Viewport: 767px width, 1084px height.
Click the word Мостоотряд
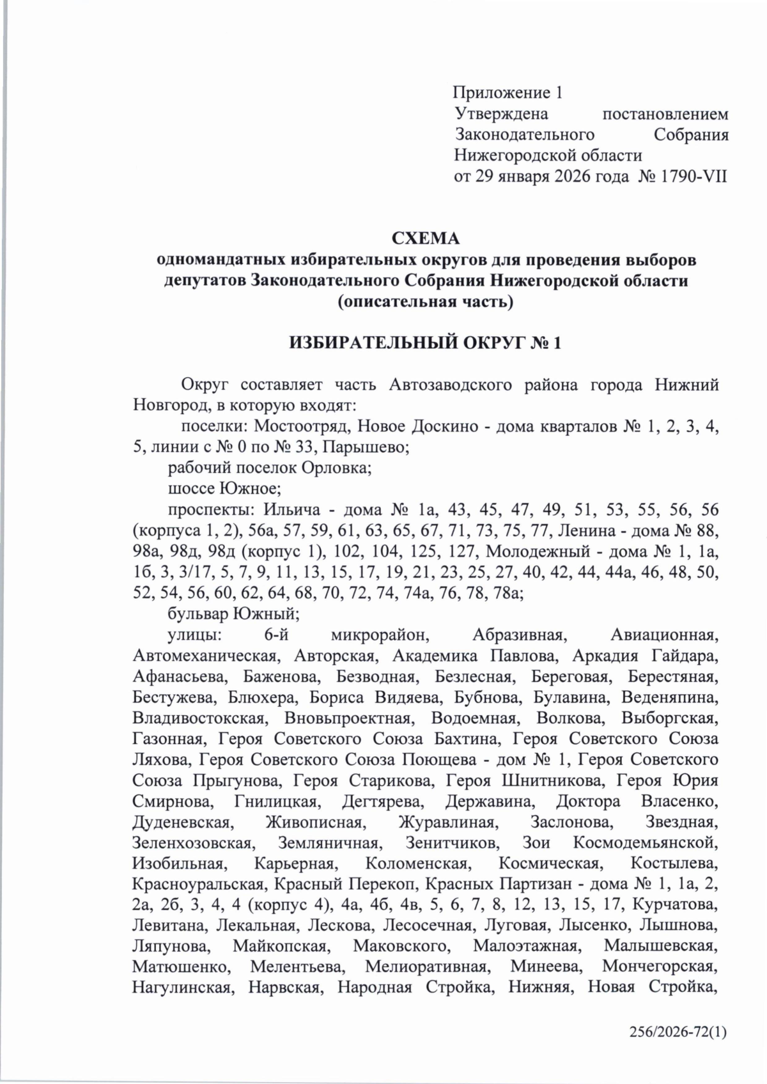pos(304,426)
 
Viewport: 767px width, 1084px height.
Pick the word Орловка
pos(340,468)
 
